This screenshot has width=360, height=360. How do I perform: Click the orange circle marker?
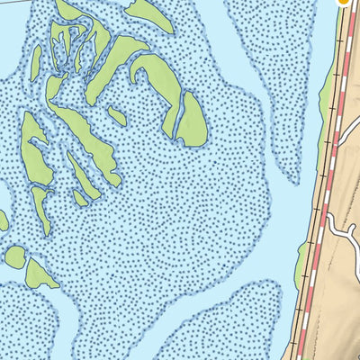pos(343,2)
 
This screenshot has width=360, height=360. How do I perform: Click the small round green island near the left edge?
pos(15,256)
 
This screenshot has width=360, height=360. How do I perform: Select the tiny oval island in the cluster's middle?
pos(117,116)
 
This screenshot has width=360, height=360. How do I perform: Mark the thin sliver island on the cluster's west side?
pos(36,63)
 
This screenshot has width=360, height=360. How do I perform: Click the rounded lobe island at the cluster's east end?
pos(192,121)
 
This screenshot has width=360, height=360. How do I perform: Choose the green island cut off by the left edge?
pos(3,220)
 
